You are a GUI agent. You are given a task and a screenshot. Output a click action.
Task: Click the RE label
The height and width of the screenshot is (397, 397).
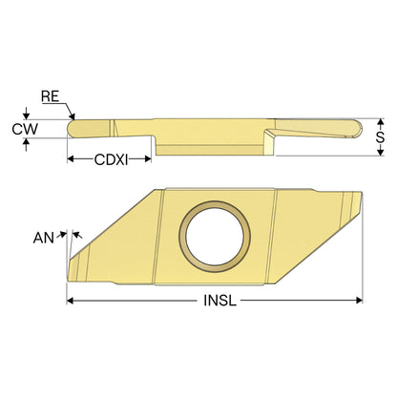pos(51,96)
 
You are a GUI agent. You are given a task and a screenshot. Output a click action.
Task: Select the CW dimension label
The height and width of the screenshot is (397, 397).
pos(25,129)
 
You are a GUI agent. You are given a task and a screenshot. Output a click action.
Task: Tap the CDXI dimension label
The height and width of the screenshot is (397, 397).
pos(111,159)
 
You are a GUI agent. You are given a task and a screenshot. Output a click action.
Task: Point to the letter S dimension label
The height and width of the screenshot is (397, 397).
pos(380,137)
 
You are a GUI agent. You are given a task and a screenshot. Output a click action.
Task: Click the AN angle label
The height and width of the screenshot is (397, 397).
pos(44,238)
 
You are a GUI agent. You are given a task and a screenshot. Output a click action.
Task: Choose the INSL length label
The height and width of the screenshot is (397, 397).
pos(220,301)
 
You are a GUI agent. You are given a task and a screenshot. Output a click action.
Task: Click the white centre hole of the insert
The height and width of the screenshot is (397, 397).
pos(215,237)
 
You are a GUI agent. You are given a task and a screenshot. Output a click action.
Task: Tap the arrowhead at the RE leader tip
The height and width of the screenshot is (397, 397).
pos(73,116)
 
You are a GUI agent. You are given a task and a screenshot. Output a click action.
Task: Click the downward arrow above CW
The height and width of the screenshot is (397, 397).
pos(27,113)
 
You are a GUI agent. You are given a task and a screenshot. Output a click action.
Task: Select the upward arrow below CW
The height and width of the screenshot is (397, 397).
pos(27,145)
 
